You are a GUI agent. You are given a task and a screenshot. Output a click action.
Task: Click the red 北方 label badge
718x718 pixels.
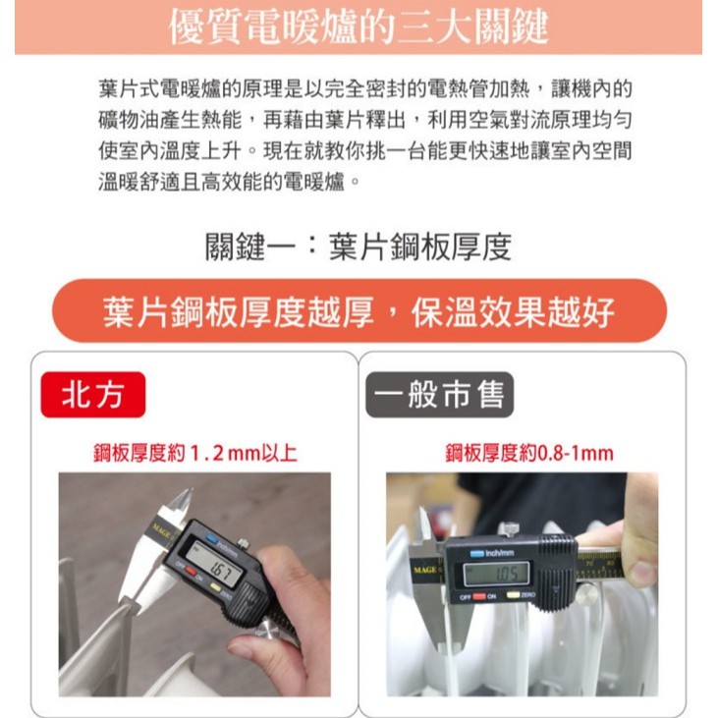(x=93, y=394)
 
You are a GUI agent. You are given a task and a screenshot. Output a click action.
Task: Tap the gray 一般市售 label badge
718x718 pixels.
(x=439, y=394)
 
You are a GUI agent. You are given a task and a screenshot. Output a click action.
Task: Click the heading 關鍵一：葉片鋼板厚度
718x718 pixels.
(x=359, y=248)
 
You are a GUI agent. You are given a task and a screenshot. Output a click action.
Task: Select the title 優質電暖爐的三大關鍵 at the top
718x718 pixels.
(x=359, y=27)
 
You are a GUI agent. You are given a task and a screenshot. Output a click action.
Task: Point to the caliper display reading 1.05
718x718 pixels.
(x=497, y=574)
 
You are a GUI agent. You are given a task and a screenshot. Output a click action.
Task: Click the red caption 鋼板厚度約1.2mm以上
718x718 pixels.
(x=195, y=454)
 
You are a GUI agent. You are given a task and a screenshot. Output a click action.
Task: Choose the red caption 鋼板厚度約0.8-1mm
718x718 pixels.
(x=529, y=454)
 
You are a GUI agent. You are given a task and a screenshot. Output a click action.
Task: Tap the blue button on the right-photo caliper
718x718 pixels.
(x=476, y=554)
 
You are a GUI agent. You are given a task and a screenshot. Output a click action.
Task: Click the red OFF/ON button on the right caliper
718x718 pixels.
(x=479, y=596)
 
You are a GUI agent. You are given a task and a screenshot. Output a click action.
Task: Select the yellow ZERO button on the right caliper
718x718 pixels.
(x=514, y=595)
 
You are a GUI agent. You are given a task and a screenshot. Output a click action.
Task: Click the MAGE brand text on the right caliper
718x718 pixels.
(x=425, y=570)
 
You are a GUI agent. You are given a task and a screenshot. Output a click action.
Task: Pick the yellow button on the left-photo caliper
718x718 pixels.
(x=215, y=587)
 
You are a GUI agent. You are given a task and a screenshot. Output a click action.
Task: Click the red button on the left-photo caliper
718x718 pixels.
(x=191, y=572)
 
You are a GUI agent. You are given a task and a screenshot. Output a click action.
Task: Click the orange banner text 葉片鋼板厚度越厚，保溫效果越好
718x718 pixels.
(x=359, y=311)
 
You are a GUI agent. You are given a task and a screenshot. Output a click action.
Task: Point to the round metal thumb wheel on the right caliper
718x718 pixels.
(x=587, y=595)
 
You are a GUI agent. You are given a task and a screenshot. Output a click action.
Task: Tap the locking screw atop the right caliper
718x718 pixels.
(x=509, y=528)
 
